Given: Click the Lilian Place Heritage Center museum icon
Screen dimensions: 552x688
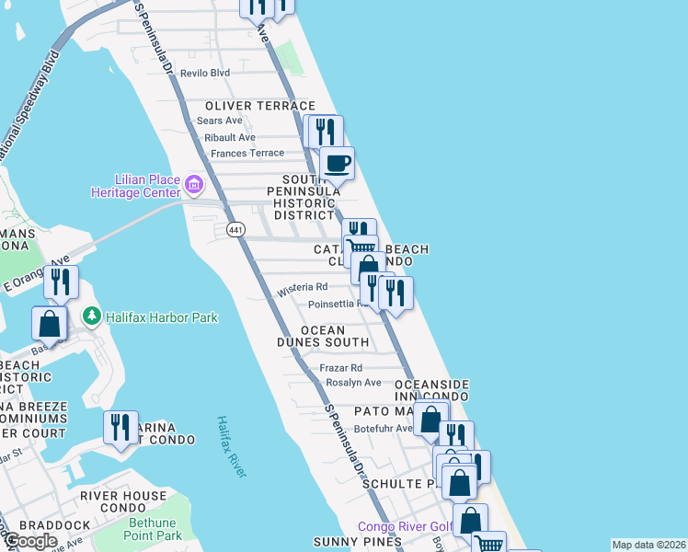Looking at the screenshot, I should coord(193,184).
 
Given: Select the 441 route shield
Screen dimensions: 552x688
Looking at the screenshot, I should coord(236,229).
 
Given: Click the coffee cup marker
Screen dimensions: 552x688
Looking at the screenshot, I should coord(337,164).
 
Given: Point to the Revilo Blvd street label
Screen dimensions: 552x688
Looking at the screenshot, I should coord(204,73).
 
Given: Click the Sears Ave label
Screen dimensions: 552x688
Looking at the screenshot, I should coord(220,121).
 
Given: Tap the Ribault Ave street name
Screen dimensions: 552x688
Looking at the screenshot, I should coord(230,137).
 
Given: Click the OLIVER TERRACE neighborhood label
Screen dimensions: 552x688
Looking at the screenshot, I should coord(260,107).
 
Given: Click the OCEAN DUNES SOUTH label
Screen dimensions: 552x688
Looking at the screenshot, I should coord(323,336).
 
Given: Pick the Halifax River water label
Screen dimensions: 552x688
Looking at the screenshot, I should coord(231,446).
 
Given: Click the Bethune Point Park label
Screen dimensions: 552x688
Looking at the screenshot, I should coord(153,529).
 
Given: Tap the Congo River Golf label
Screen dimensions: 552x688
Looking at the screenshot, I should coord(406,526).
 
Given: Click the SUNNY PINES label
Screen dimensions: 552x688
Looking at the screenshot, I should coord(357,542).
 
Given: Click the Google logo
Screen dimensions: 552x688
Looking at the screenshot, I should coord(29,541).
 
